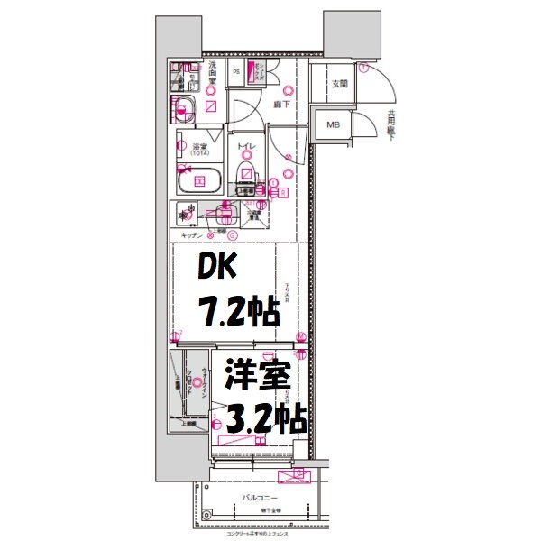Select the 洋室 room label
tap(256, 376)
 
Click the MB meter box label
tap(333, 125)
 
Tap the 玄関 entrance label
tap(339, 84)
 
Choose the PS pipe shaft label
tap(237, 72)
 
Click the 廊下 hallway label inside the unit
tap(280, 105)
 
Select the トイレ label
tap(245, 147)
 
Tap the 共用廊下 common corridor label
tap(391, 124)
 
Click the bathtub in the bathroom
tap(199, 179)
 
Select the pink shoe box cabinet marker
tap(252, 71)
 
